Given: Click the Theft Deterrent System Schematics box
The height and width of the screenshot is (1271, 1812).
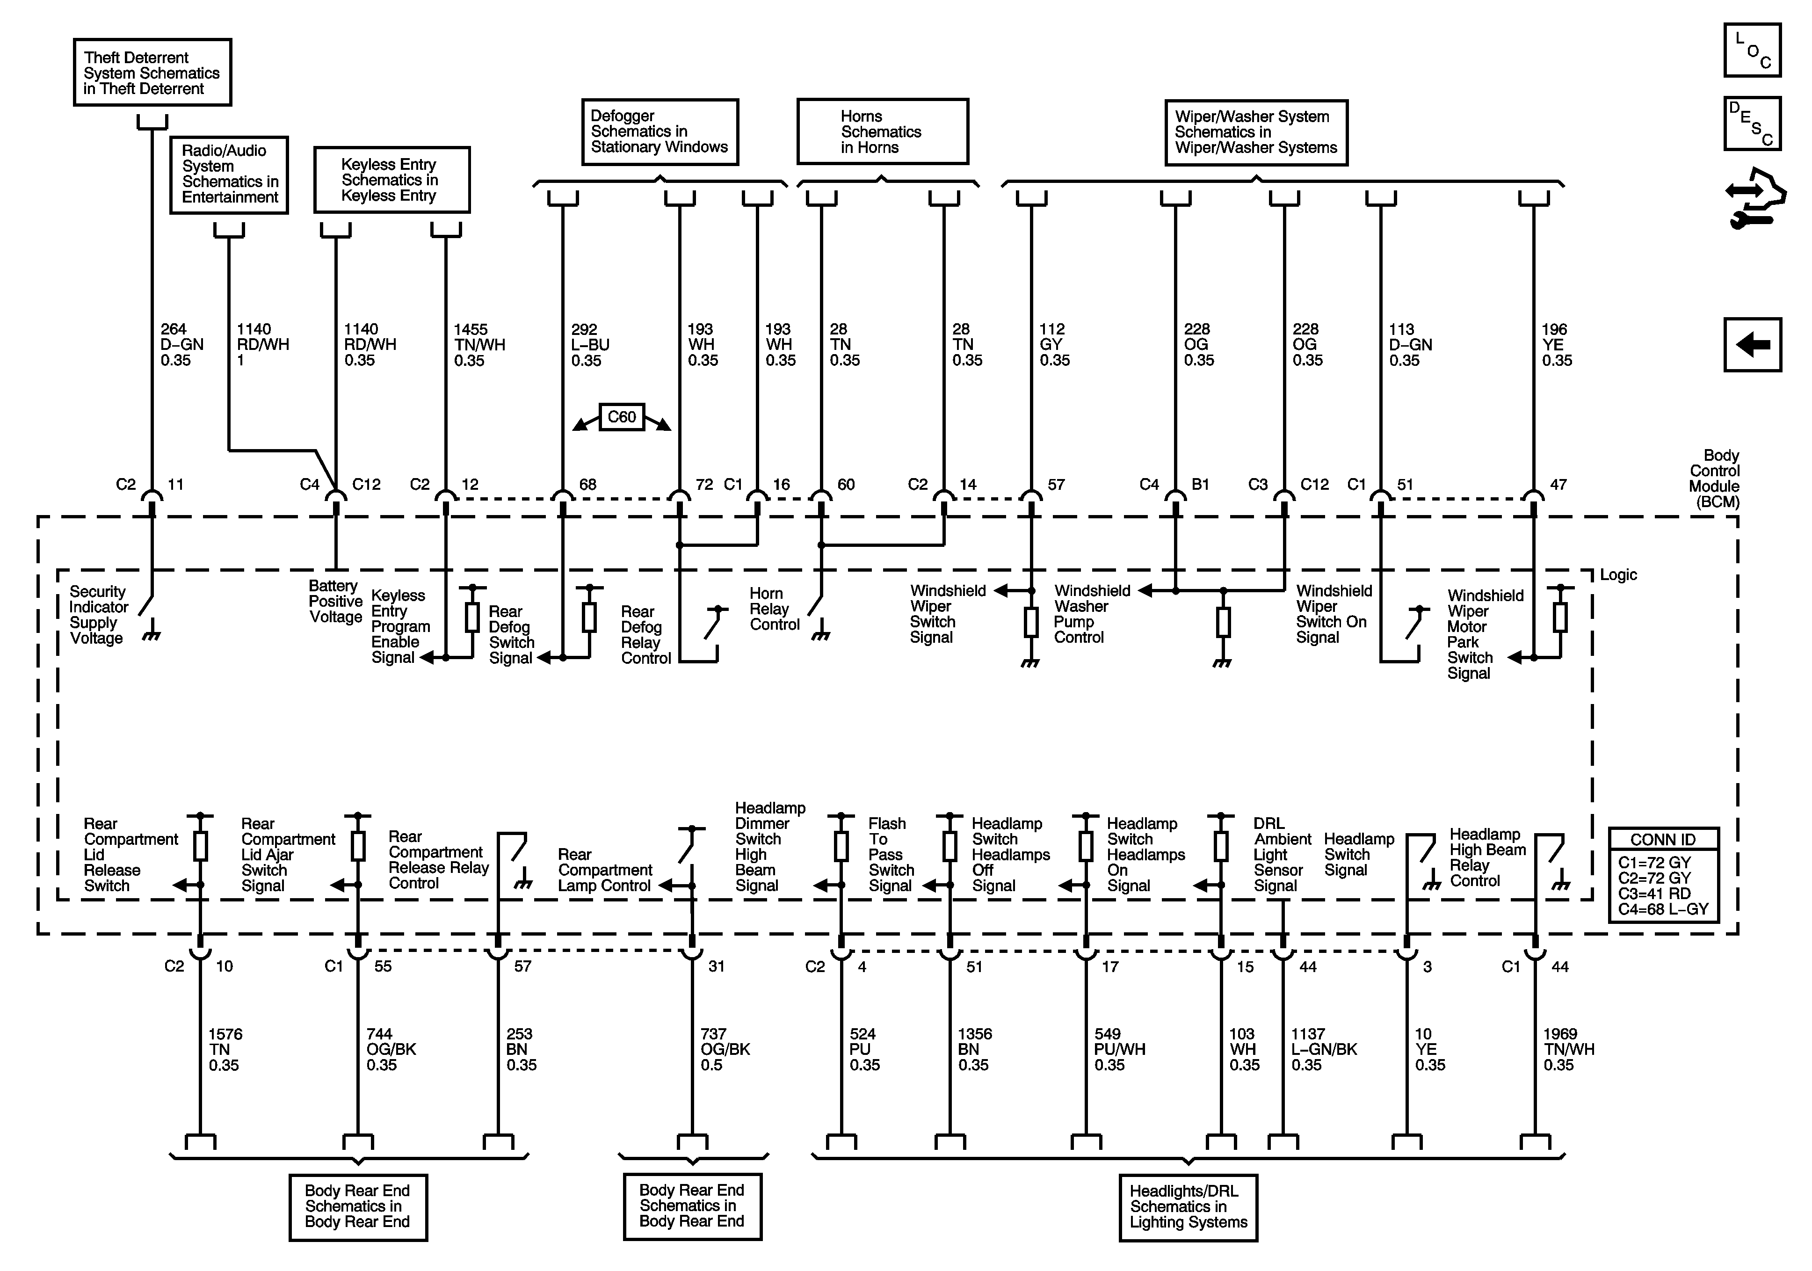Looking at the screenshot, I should pyautogui.click(x=152, y=73).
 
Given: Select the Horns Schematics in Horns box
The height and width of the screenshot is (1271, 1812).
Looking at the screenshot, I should pyautogui.click(x=882, y=132).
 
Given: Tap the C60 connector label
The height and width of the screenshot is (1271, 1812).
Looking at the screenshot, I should pyautogui.click(x=622, y=417).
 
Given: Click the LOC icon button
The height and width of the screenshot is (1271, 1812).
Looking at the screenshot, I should pyautogui.click(x=1752, y=51).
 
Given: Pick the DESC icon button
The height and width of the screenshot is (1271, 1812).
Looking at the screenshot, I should pyautogui.click(x=1752, y=124).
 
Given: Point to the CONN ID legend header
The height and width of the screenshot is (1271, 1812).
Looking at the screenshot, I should pyautogui.click(x=1663, y=839).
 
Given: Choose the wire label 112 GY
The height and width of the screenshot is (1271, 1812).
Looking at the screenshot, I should pyautogui.click(x=1054, y=345).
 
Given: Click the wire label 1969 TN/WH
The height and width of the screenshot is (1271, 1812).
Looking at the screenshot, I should pyautogui.click(x=1568, y=1049).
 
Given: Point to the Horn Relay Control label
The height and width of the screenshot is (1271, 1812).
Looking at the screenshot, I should pyautogui.click(x=774, y=609).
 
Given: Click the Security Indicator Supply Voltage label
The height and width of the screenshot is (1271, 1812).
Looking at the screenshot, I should pyautogui.click(x=98, y=615).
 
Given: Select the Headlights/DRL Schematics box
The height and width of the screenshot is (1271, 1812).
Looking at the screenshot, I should pyautogui.click(x=1188, y=1207).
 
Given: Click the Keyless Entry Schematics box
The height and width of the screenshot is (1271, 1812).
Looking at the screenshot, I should pyautogui.click(x=391, y=180).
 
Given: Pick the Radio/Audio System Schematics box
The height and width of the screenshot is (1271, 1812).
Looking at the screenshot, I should pyautogui.click(x=229, y=174).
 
